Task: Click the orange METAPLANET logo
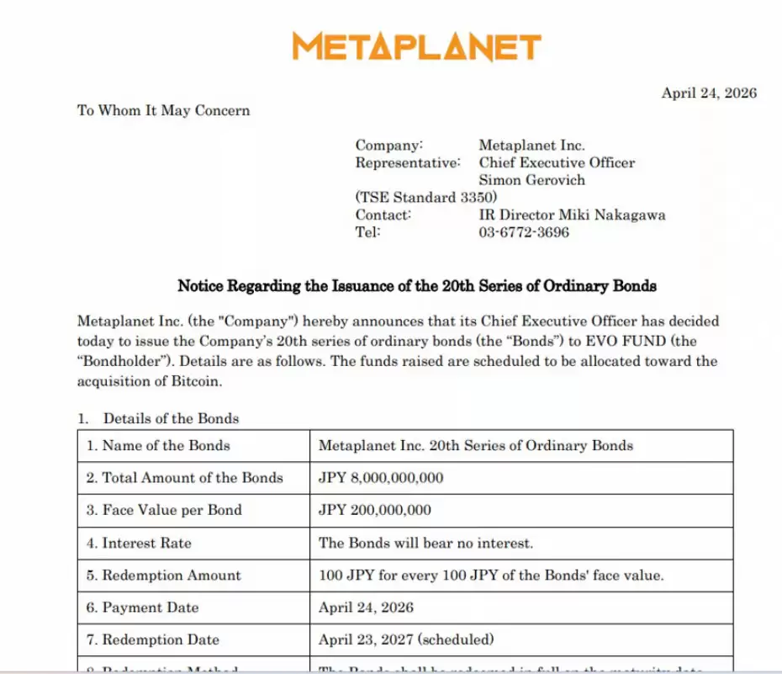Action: pos(417,47)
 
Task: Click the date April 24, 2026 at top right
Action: pos(708,93)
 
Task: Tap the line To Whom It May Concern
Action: pos(163,110)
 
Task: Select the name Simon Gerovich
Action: pos(531,180)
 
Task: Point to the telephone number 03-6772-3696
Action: pos(523,232)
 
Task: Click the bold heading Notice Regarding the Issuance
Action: pos(416,286)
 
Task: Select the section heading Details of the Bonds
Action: pos(171,418)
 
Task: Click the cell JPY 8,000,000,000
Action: pos(380,478)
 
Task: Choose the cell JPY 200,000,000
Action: pos(374,510)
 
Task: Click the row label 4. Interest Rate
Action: pos(139,543)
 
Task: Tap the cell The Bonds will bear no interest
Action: pos(425,543)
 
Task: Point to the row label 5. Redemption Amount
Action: pos(163,576)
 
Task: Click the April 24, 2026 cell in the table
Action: pos(366,608)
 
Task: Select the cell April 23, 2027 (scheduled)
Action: pos(406,640)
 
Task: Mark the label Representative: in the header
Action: pos(407,162)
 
